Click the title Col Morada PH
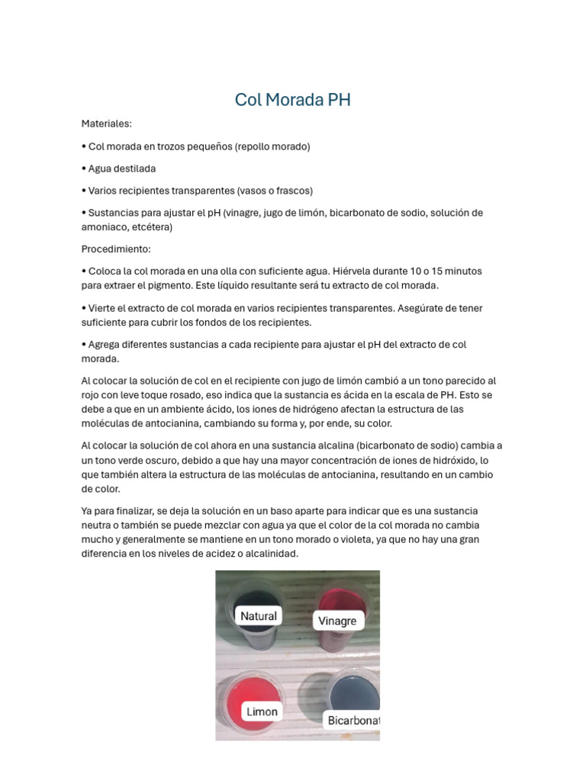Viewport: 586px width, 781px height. tap(292, 100)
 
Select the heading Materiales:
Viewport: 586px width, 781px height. tap(107, 123)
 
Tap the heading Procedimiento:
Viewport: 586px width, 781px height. tap(117, 249)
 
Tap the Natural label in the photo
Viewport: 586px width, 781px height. tap(258, 616)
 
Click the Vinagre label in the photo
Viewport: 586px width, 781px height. tap(337, 621)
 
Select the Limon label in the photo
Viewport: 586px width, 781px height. tap(261, 712)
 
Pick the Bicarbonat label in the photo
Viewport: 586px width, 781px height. tap(353, 720)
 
